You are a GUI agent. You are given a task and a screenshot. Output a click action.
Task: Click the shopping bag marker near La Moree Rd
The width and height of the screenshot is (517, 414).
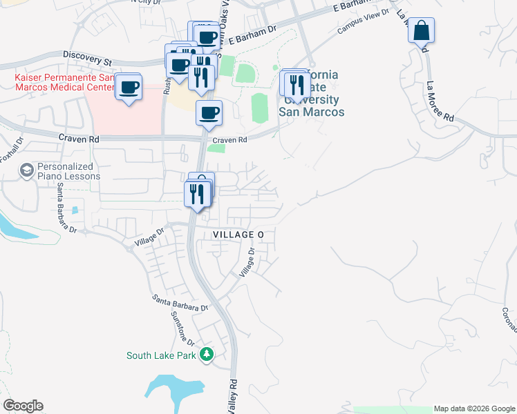421,32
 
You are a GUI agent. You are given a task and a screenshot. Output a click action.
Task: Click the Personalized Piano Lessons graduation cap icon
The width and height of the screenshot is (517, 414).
27,170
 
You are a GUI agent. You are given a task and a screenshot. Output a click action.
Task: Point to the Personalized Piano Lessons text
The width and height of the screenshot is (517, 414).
68,171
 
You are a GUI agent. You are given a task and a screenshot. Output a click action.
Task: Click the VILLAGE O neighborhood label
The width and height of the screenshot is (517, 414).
238,235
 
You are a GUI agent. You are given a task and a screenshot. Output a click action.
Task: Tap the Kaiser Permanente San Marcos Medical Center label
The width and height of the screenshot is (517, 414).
64,82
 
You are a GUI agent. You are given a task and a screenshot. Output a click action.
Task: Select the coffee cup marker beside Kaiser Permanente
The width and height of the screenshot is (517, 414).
129,88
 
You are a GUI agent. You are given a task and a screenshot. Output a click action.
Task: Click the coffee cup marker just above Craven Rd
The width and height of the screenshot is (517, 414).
209,113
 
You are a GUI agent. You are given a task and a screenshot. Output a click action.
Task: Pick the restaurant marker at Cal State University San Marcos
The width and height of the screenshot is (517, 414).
297,84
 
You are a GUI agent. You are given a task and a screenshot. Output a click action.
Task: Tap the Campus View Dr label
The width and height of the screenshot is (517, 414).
359,26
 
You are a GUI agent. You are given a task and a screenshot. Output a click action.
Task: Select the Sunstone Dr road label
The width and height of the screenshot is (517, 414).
182,327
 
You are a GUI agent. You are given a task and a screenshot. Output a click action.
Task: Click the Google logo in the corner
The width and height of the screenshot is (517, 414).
23,406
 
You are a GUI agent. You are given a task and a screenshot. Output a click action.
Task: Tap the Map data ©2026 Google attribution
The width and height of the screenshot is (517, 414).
473,408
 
